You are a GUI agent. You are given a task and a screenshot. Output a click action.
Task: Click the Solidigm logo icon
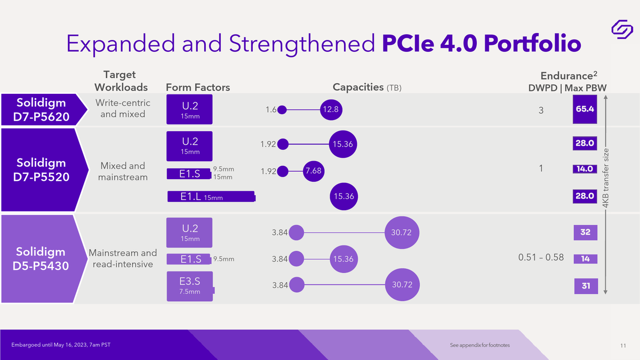click(622, 29)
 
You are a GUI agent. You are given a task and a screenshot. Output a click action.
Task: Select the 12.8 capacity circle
click(331, 110)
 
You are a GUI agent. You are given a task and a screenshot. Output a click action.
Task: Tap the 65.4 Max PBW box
click(585, 109)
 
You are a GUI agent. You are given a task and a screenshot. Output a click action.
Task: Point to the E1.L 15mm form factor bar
click(211, 197)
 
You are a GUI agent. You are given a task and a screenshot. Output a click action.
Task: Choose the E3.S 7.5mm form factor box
click(190, 286)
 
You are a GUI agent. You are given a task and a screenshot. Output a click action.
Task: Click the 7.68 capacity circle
click(314, 171)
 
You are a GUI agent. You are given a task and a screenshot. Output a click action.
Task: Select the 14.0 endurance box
click(585, 169)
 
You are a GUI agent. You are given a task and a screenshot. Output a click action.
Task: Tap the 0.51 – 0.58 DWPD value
click(541, 257)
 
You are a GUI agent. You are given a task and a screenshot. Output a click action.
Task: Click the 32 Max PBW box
click(586, 233)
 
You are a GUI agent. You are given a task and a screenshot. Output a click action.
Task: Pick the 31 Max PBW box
click(586, 286)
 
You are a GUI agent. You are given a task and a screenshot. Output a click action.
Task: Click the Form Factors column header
click(198, 87)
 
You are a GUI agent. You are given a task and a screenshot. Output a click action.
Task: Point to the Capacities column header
click(367, 87)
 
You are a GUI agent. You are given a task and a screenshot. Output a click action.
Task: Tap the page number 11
click(623, 346)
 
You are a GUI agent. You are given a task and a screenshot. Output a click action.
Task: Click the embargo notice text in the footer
click(61, 345)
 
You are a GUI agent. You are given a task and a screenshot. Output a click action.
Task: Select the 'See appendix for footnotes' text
click(479, 345)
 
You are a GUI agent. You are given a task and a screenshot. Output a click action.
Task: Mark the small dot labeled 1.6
click(282, 110)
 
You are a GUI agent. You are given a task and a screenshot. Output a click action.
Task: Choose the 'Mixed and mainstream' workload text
click(123, 171)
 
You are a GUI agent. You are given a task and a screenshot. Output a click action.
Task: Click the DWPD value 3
click(541, 110)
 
